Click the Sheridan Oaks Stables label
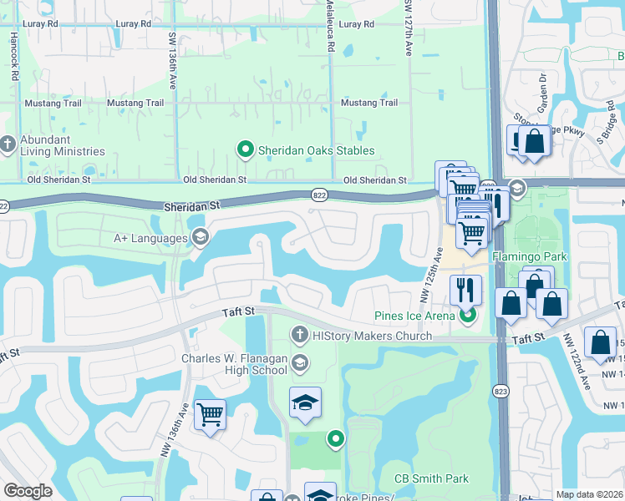(x=316, y=150)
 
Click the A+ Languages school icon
(x=200, y=239)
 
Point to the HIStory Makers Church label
(x=372, y=336)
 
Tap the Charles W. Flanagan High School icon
(x=300, y=362)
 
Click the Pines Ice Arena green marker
(x=467, y=315)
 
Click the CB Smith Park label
(x=431, y=478)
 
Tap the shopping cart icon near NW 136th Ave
(x=210, y=413)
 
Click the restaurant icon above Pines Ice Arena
(x=465, y=289)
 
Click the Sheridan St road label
(x=191, y=204)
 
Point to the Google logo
(x=28, y=491)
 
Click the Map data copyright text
(x=590, y=494)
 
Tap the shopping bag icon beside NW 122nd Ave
(x=600, y=342)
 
